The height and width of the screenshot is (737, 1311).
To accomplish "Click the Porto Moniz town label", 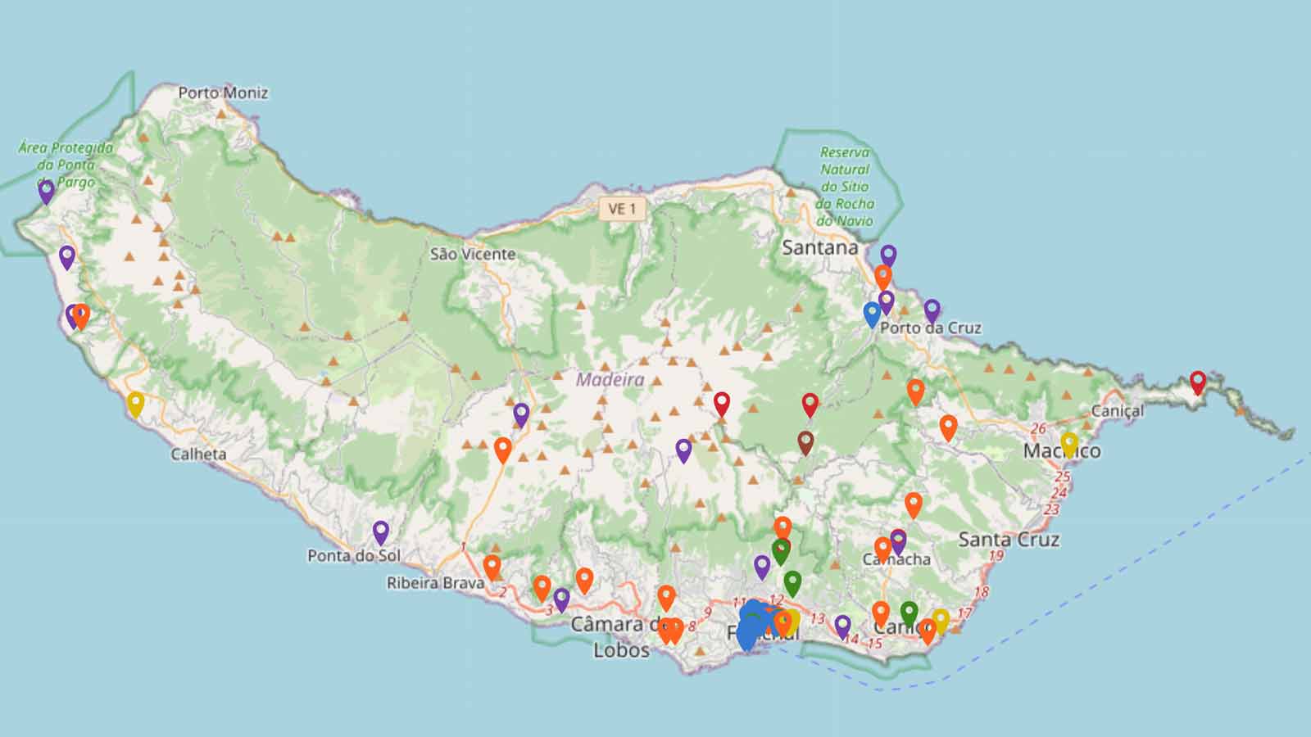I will coord(223,93).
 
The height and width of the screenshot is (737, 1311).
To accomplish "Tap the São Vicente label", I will coord(473,254).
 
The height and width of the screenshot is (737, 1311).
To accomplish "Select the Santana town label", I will coord(820,247).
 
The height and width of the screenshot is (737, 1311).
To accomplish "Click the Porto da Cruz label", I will coord(931,328).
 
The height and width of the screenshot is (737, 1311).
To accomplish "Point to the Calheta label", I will coord(198,454).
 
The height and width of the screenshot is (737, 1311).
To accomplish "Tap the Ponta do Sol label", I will coord(354,555).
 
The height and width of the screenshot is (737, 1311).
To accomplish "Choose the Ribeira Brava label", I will coord(435,583).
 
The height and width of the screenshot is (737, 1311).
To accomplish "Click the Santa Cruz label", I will coord(1009,539).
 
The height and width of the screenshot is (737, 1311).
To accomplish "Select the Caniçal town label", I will coord(1118,410).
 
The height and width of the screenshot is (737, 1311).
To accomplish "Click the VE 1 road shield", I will coord(622,209).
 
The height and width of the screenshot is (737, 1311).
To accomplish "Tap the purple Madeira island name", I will coord(610,380).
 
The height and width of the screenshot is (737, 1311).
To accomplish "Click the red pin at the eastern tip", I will coord(1198,381).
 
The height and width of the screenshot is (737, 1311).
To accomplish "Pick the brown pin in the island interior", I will coord(805,442).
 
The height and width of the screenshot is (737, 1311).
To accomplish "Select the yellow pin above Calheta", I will coord(136,403).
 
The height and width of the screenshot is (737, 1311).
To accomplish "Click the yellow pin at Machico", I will coord(1069,443).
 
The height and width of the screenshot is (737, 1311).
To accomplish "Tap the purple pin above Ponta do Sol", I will coord(380,531).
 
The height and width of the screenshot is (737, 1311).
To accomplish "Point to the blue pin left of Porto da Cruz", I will coord(872,314).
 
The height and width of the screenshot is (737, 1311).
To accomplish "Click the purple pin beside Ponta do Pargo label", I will coord(47,191).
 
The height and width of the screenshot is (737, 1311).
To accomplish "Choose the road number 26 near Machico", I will coord(1038,428).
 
